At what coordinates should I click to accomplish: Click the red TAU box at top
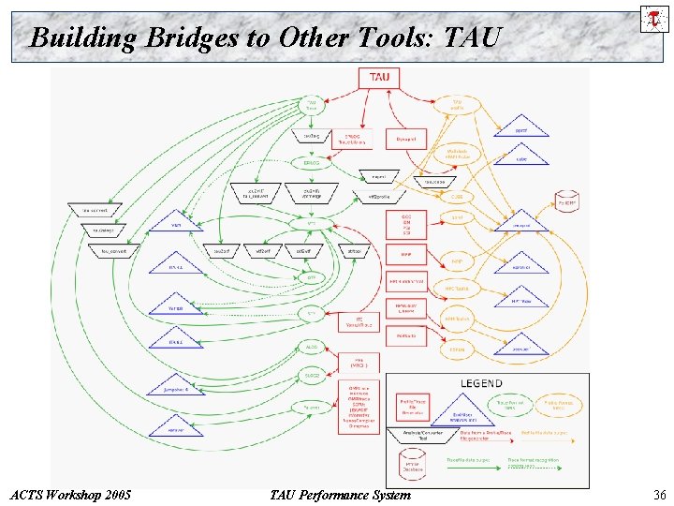tap(379, 77)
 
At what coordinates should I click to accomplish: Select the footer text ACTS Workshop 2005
tap(67, 495)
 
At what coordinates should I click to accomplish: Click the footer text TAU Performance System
tap(339, 495)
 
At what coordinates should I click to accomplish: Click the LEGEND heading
tap(481, 383)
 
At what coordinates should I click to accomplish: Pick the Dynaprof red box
tap(405, 139)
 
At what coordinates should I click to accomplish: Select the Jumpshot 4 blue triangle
tap(176, 386)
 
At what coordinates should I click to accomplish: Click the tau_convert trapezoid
tap(113, 250)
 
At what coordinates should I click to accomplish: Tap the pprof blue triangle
tap(521, 129)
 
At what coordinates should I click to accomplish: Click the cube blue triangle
tap(521, 157)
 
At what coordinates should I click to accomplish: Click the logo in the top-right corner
tap(653, 19)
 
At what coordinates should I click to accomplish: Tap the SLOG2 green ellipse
tap(311, 376)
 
